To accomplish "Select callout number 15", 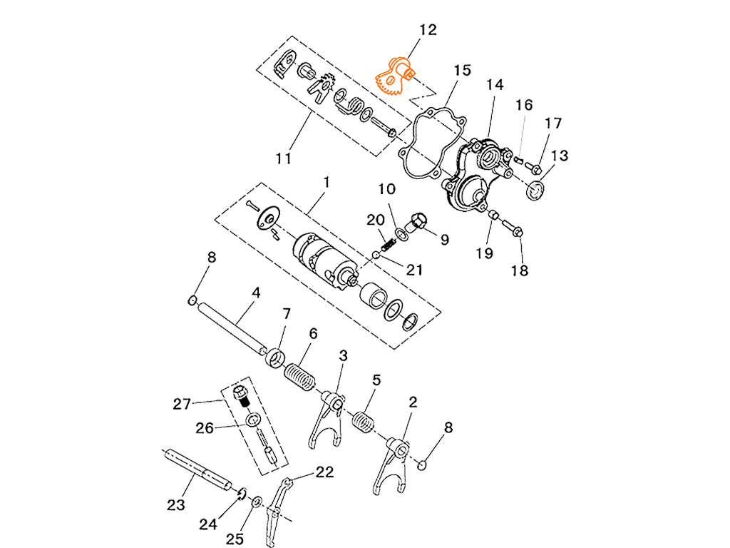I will pyautogui.click(x=464, y=71).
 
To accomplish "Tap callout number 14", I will pyautogui.click(x=497, y=86).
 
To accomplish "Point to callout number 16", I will pyautogui.click(x=525, y=106).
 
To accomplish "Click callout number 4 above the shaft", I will pyautogui.click(x=255, y=293).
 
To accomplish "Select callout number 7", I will pyautogui.click(x=286, y=315).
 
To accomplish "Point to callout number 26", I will pyautogui.click(x=205, y=427).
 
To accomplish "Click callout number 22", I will pyautogui.click(x=325, y=471).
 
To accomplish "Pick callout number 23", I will pyautogui.click(x=176, y=504).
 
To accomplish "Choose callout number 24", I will pyautogui.click(x=207, y=524).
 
